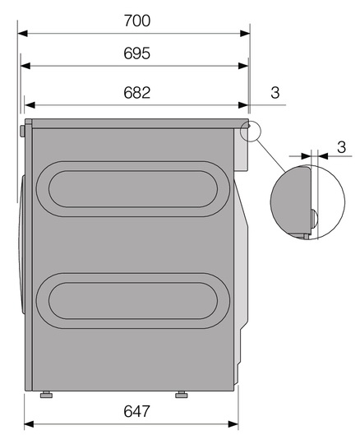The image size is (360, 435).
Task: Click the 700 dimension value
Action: pyautogui.click(x=137, y=21)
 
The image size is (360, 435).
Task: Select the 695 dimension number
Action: pyautogui.click(x=137, y=53)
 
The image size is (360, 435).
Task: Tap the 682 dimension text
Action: pyautogui.click(x=137, y=93)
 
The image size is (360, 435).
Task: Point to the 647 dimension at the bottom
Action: pyautogui.click(x=137, y=411)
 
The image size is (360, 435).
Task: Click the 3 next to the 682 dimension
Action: pyautogui.click(x=275, y=93)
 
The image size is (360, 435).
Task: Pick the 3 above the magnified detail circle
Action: pyautogui.click(x=342, y=146)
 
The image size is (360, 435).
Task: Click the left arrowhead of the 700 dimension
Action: pyautogui.click(x=23, y=34)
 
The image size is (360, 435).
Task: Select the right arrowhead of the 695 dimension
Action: pyautogui.click(x=243, y=66)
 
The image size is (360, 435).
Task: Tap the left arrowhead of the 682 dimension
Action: pyautogui.click(x=30, y=105)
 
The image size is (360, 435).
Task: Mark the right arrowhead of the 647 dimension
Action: pyautogui.click(x=233, y=424)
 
